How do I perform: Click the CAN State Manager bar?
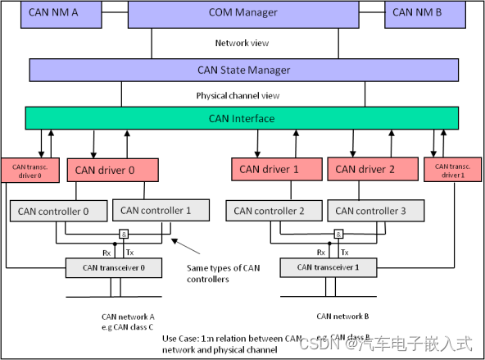tap(243, 70)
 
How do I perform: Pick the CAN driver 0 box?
tap(112, 171)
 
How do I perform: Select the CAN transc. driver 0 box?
tap(28, 171)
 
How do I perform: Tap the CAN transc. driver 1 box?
tap(452, 170)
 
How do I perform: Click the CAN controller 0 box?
tap(59, 211)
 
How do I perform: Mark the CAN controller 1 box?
tap(156, 211)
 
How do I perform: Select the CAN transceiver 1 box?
tap(334, 267)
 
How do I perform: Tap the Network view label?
tap(243, 43)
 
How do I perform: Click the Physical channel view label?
tap(243, 95)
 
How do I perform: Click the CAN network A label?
tap(128, 316)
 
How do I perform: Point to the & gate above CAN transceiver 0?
tap(121, 234)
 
